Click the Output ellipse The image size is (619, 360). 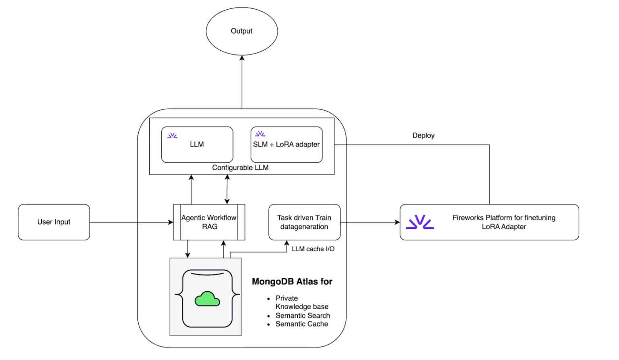coord(241,31)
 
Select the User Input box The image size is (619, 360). coord(54,222)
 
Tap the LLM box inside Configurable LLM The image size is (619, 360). coord(197,145)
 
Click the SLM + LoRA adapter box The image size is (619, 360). coord(287,145)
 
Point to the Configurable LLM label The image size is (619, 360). coord(240,168)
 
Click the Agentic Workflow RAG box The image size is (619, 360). coord(209,222)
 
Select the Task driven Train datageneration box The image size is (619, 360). coord(304,222)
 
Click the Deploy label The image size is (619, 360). coord(423,135)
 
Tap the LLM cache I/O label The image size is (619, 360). coord(313,249)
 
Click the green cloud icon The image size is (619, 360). coord(207,299)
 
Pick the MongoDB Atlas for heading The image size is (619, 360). coord(292,281)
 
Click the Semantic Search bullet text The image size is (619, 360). coord(303,315)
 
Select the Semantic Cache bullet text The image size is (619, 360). coord(301,324)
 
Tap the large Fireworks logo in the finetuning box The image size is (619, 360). coord(420,222)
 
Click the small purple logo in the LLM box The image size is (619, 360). coord(172,135)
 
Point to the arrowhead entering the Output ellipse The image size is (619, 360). coord(242,58)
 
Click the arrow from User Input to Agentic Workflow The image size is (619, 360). coord(131,222)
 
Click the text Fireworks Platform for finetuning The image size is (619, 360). coord(504,217)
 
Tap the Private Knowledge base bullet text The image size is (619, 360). coord(301,302)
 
